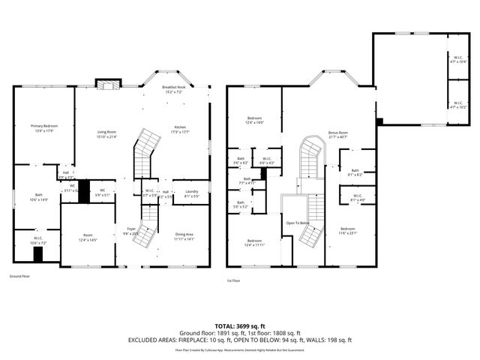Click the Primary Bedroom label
44,128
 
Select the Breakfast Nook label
175,89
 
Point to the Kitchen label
180,129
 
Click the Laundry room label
191,193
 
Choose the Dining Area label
184,237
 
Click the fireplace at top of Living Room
106,84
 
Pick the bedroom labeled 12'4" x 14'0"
255,121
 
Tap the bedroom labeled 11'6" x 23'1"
347,231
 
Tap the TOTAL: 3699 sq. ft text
239,326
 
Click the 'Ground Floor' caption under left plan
19,276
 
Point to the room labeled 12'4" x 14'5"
88,238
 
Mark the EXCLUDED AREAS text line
239,340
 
